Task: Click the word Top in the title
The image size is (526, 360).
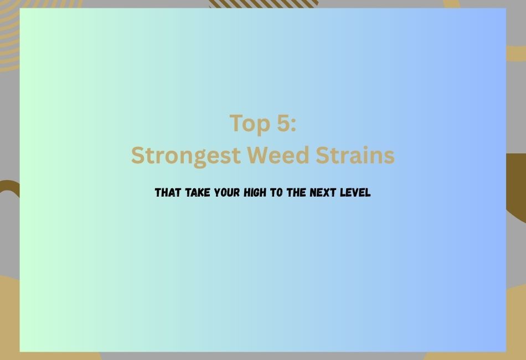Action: (250, 124)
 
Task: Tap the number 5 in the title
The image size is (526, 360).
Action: (284, 123)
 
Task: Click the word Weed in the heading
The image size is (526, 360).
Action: (278, 155)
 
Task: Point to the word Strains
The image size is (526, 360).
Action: (355, 155)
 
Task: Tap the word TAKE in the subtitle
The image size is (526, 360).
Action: (198, 193)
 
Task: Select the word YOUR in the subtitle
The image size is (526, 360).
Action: (227, 193)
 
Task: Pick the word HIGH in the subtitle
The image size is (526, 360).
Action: (255, 193)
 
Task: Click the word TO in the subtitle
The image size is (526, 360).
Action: (276, 193)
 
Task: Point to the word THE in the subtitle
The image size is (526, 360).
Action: (296, 193)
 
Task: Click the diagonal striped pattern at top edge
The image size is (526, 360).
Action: (264, 4)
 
